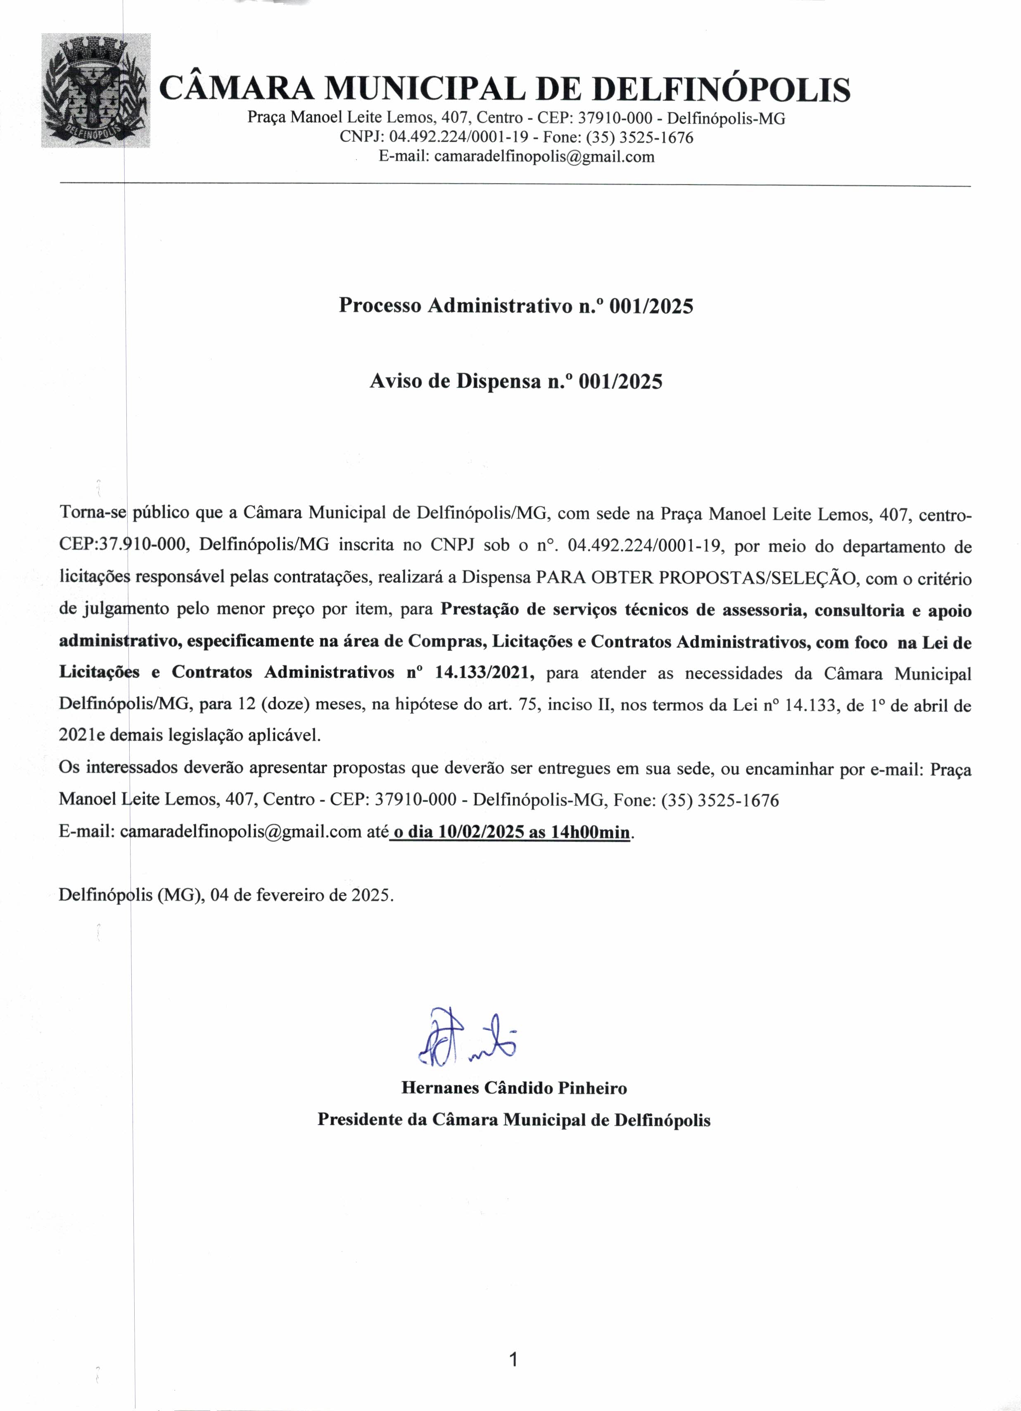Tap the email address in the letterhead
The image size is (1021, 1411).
(x=544, y=156)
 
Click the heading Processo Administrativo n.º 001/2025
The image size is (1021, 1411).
(x=515, y=305)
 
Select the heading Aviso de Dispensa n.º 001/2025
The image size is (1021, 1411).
(x=515, y=381)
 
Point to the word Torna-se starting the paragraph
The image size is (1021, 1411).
(x=92, y=513)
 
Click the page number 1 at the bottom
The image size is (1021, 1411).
(x=513, y=1360)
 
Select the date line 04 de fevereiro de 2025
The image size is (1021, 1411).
(x=301, y=895)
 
